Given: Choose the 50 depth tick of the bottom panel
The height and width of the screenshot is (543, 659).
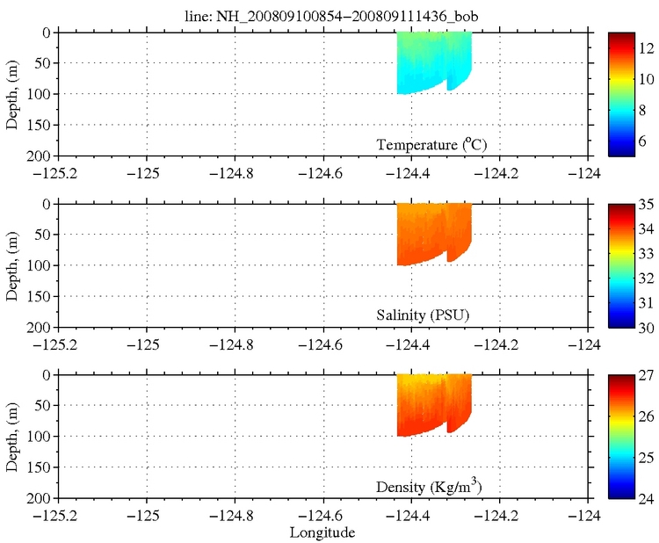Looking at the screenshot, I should (x=45, y=406).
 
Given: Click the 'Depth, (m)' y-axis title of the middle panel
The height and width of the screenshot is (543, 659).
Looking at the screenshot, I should (x=12, y=265).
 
